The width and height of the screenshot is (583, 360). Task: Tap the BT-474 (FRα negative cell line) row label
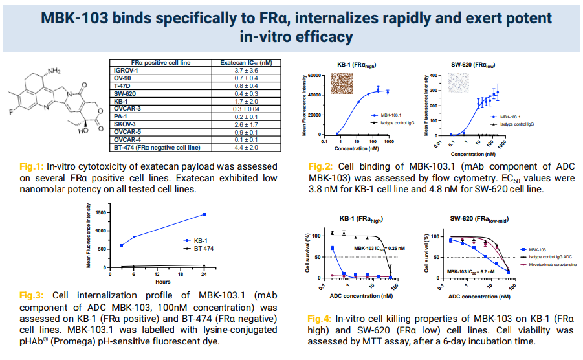155,148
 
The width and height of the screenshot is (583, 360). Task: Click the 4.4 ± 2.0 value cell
246,148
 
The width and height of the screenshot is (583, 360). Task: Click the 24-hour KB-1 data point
204,214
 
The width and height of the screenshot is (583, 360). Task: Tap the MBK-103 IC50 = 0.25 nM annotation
379,248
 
